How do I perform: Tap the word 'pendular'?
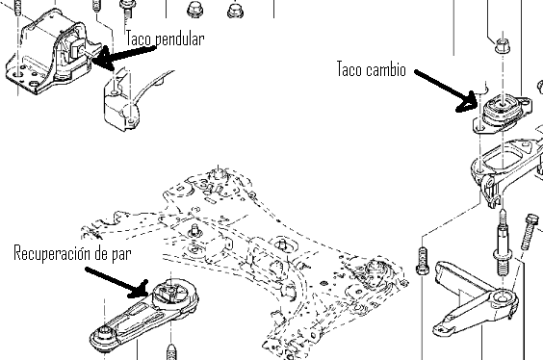179,39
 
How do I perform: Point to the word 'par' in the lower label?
121,255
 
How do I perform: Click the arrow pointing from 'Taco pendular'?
123,57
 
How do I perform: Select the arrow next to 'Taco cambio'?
446,91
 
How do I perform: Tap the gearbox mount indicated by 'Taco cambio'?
502,113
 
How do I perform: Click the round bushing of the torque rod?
172,295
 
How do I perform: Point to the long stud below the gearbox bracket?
503,244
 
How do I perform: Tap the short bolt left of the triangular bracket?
422,261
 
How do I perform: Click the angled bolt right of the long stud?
529,232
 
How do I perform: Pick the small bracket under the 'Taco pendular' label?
121,100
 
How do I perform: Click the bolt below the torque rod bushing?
171,351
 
